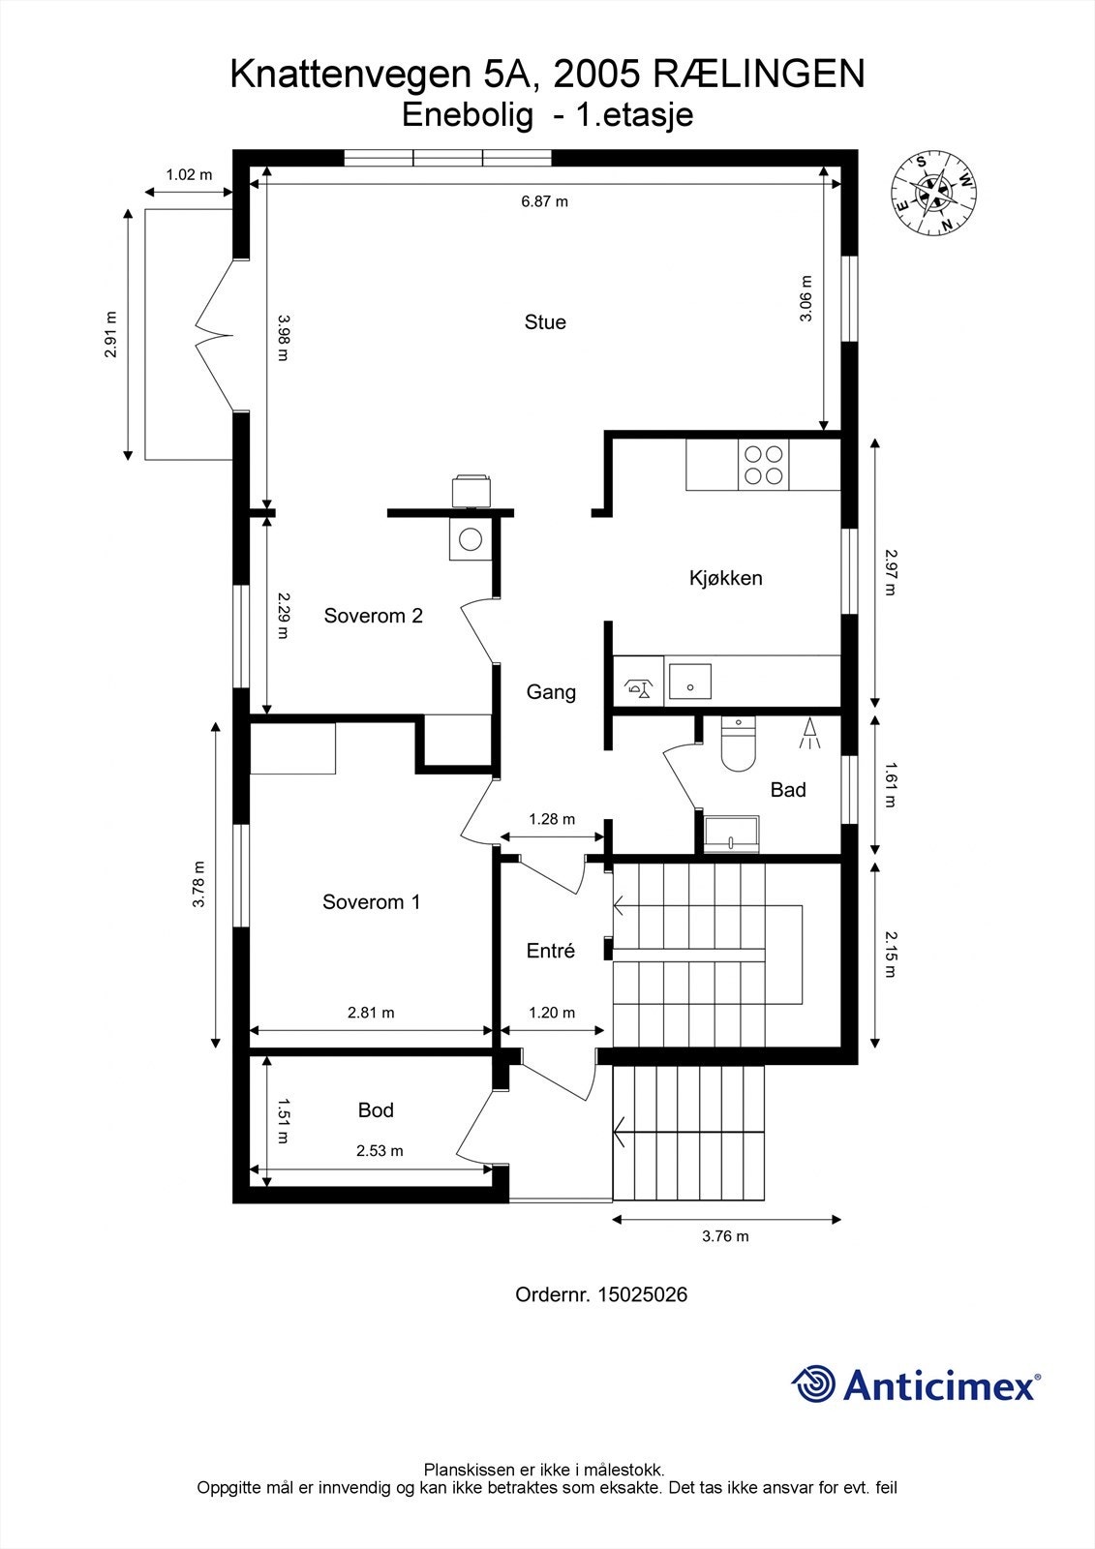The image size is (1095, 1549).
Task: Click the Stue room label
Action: [x=545, y=322]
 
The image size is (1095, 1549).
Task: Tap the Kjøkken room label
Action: [x=725, y=578]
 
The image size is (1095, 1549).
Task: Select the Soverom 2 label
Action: [x=373, y=616]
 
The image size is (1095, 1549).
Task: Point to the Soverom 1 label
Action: [x=371, y=902]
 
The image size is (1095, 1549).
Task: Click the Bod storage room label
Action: [x=376, y=1110]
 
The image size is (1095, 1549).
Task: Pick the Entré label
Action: [x=551, y=951]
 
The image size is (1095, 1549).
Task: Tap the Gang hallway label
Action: [x=551, y=692]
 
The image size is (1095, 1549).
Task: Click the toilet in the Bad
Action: [x=738, y=745]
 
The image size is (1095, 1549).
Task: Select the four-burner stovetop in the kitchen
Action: [x=763, y=464]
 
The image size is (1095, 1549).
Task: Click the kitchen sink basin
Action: [x=690, y=682]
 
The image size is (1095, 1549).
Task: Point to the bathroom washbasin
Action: [x=732, y=833]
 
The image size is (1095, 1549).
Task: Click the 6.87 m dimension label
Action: [x=544, y=201]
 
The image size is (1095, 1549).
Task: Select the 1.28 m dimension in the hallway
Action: [x=552, y=819]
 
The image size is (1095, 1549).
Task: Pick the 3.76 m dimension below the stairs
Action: [x=725, y=1236]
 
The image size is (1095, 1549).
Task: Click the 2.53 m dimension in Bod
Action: [x=380, y=1151]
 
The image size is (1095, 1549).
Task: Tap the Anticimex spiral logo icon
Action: [x=813, y=1384]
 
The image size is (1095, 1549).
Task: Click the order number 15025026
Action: [x=642, y=1294]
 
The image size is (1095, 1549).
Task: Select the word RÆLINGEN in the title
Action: [x=759, y=75]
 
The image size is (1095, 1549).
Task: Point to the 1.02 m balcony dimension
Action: [x=189, y=175]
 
